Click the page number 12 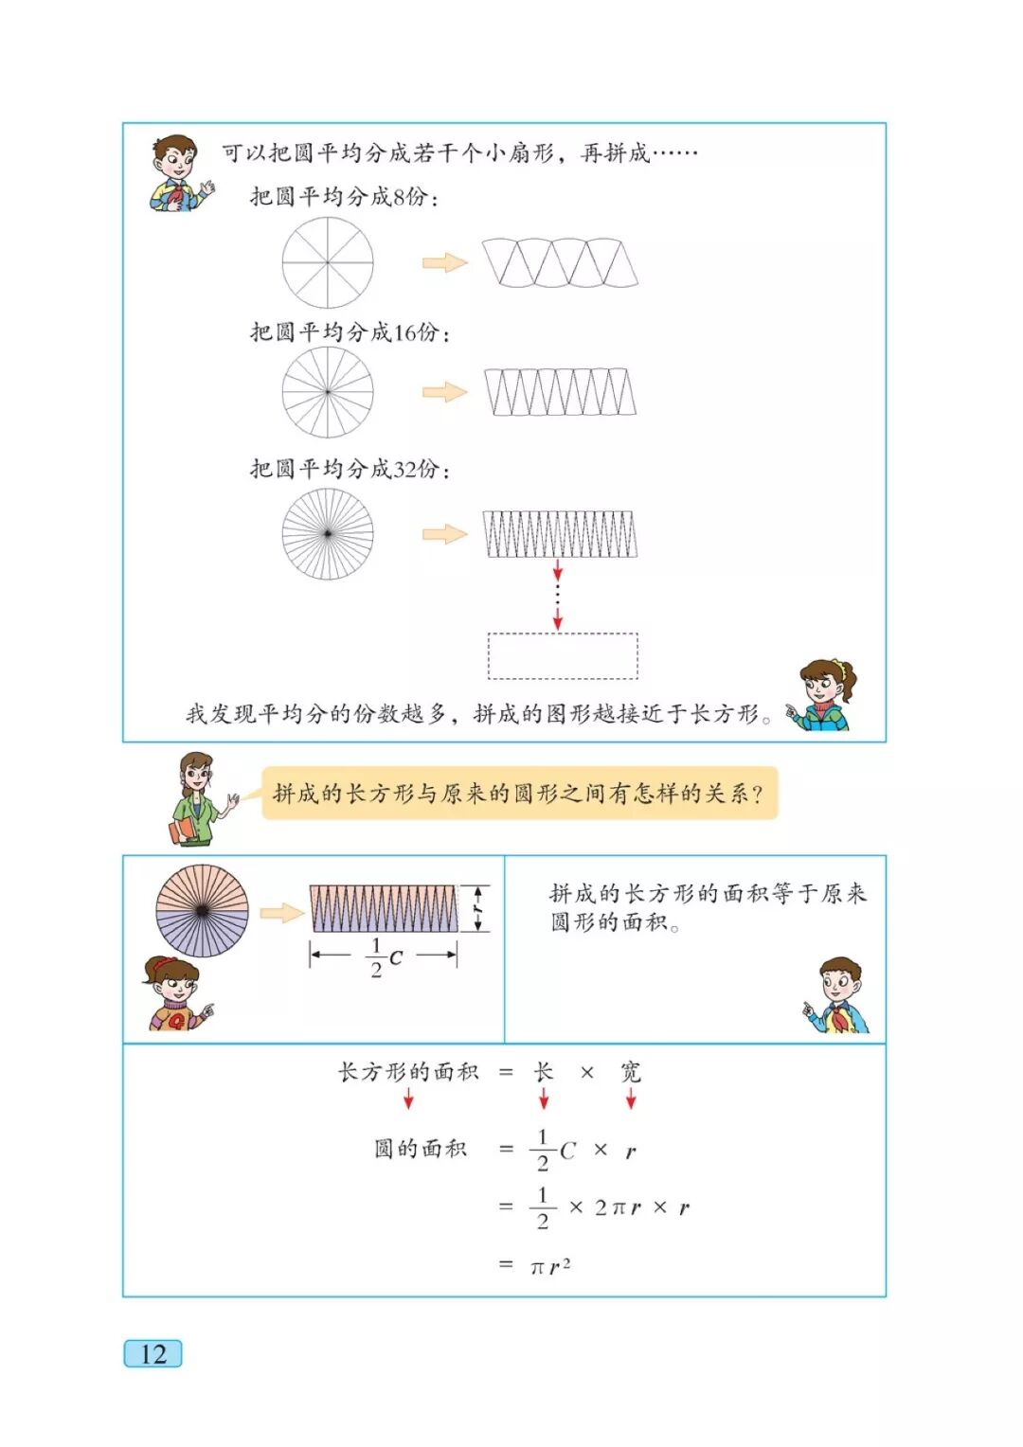click(153, 1353)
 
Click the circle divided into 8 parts click(328, 262)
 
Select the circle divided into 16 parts click(328, 392)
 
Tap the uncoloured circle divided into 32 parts click(328, 534)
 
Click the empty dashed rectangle click(563, 656)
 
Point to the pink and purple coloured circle click(202, 911)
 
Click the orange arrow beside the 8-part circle click(444, 262)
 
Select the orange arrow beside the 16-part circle click(444, 392)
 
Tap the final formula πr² click(550, 1266)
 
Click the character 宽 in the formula click(631, 1072)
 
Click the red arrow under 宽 click(631, 1099)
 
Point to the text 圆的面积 click(421, 1149)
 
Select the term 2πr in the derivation click(618, 1207)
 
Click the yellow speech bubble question click(519, 794)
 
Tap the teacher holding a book click(197, 797)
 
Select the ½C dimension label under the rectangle click(385, 957)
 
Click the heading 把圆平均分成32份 click(350, 469)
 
